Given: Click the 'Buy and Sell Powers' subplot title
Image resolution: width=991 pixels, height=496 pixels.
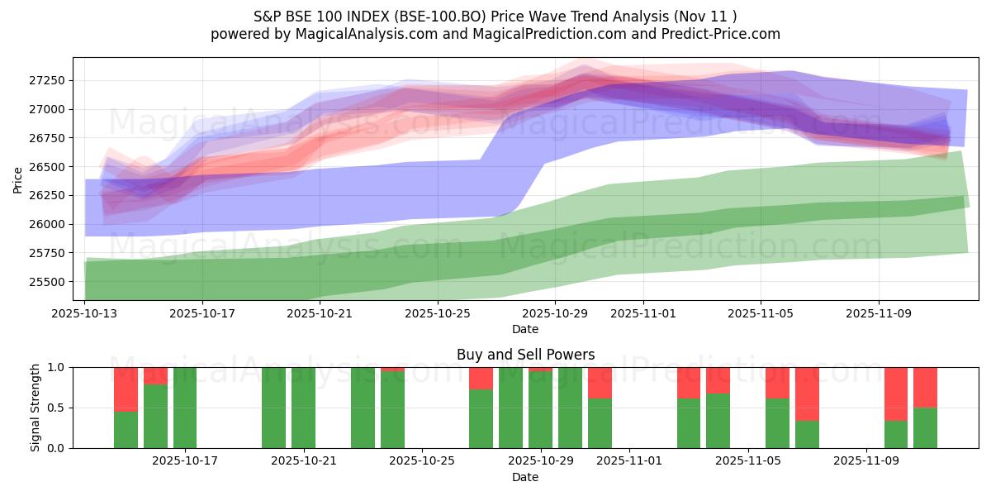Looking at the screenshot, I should (525, 355).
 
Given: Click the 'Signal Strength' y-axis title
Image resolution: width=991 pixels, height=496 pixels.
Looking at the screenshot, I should (36, 408).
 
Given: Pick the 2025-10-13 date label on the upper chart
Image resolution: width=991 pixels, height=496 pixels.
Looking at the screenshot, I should (86, 314).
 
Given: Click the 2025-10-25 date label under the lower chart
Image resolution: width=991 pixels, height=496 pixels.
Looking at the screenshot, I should (422, 461).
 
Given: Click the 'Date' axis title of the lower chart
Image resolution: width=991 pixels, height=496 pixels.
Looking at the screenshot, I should (525, 477).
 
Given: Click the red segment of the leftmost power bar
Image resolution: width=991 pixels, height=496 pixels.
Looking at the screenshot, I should (126, 389).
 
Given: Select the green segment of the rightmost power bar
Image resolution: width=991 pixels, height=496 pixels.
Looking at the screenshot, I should (925, 427).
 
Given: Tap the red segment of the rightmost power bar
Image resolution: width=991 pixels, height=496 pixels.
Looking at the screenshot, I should (925, 387).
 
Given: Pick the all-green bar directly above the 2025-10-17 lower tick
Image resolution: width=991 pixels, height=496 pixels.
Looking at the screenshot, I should (185, 408).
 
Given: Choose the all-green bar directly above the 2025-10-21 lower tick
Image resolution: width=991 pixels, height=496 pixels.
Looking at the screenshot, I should (303, 408).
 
